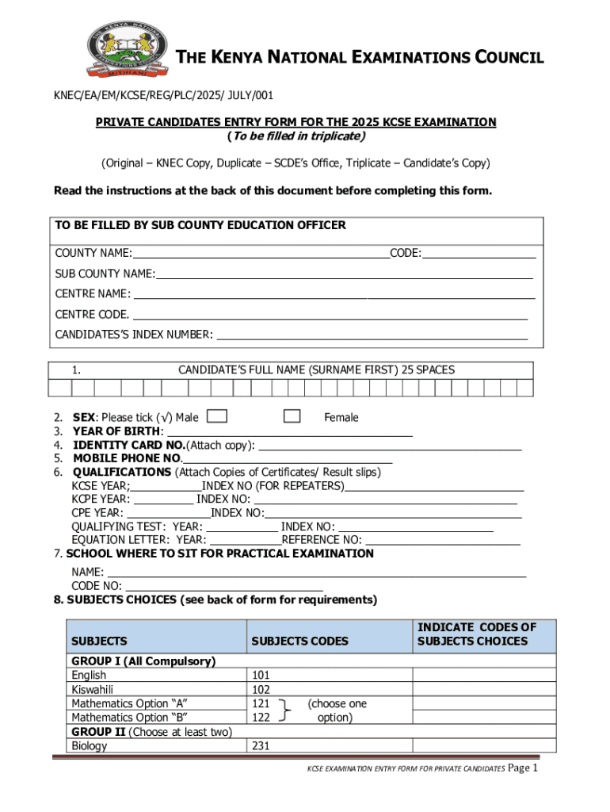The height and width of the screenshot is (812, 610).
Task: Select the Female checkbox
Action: [292, 416]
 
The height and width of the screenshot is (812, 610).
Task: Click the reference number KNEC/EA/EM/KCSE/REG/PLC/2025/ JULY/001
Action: [163, 95]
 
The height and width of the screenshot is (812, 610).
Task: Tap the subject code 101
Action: [261, 676]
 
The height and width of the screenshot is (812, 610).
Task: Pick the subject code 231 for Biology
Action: [261, 746]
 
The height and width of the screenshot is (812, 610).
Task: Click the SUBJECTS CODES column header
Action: [299, 641]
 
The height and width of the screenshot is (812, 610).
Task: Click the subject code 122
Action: [261, 718]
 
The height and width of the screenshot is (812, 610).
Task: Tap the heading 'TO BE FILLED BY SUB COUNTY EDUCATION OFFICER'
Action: [200, 225]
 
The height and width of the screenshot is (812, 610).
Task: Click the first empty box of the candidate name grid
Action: [60, 388]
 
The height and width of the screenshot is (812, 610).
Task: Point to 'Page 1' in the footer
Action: [523, 768]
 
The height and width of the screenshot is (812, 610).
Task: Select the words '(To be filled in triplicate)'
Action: [295, 136]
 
